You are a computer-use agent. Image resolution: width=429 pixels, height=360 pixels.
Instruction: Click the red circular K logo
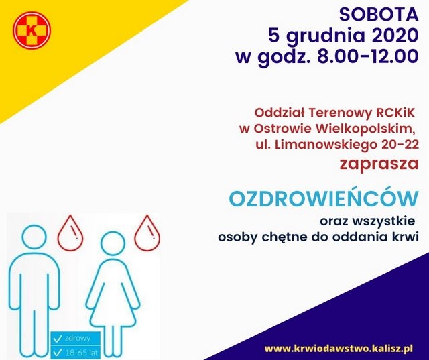point(32,30)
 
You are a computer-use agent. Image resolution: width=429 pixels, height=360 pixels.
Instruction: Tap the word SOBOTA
point(379,15)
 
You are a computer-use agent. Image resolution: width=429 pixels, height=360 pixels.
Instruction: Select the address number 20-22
point(400,145)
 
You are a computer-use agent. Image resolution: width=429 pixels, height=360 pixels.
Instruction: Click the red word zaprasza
point(379,164)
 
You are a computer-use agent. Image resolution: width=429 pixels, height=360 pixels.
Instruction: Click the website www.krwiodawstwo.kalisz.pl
point(339,349)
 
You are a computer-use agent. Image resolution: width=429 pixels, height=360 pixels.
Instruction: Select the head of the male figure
point(34,237)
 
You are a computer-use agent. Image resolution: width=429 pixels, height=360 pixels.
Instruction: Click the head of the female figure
point(113,243)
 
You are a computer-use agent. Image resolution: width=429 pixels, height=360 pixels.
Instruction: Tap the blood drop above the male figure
point(70,233)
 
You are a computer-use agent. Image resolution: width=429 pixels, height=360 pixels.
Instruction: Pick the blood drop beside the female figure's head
point(147,233)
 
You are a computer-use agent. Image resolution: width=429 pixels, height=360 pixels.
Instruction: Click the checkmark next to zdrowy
point(58,339)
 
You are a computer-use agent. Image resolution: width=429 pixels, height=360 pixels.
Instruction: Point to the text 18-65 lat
point(81,353)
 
